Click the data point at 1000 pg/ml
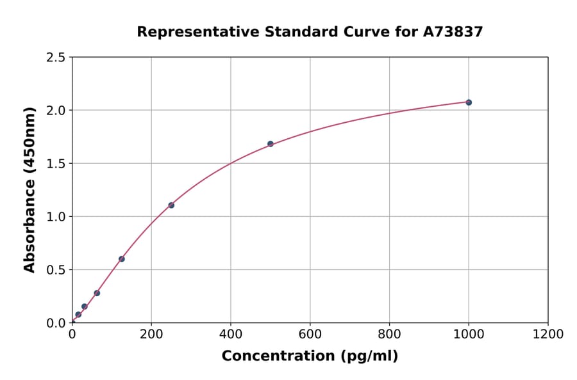469,102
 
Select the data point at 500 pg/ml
271,144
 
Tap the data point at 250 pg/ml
171,205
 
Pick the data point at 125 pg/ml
122,259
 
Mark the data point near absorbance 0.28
97,293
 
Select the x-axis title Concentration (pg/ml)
310,356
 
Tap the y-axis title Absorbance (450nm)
29,189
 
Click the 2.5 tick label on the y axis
55,58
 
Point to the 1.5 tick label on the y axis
55,164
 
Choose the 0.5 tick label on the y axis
55,270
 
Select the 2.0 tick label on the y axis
55,111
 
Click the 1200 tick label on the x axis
548,335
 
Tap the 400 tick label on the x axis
231,335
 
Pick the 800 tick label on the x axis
389,335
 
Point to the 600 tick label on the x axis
310,335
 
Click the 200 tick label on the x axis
151,335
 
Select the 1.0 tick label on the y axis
55,217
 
